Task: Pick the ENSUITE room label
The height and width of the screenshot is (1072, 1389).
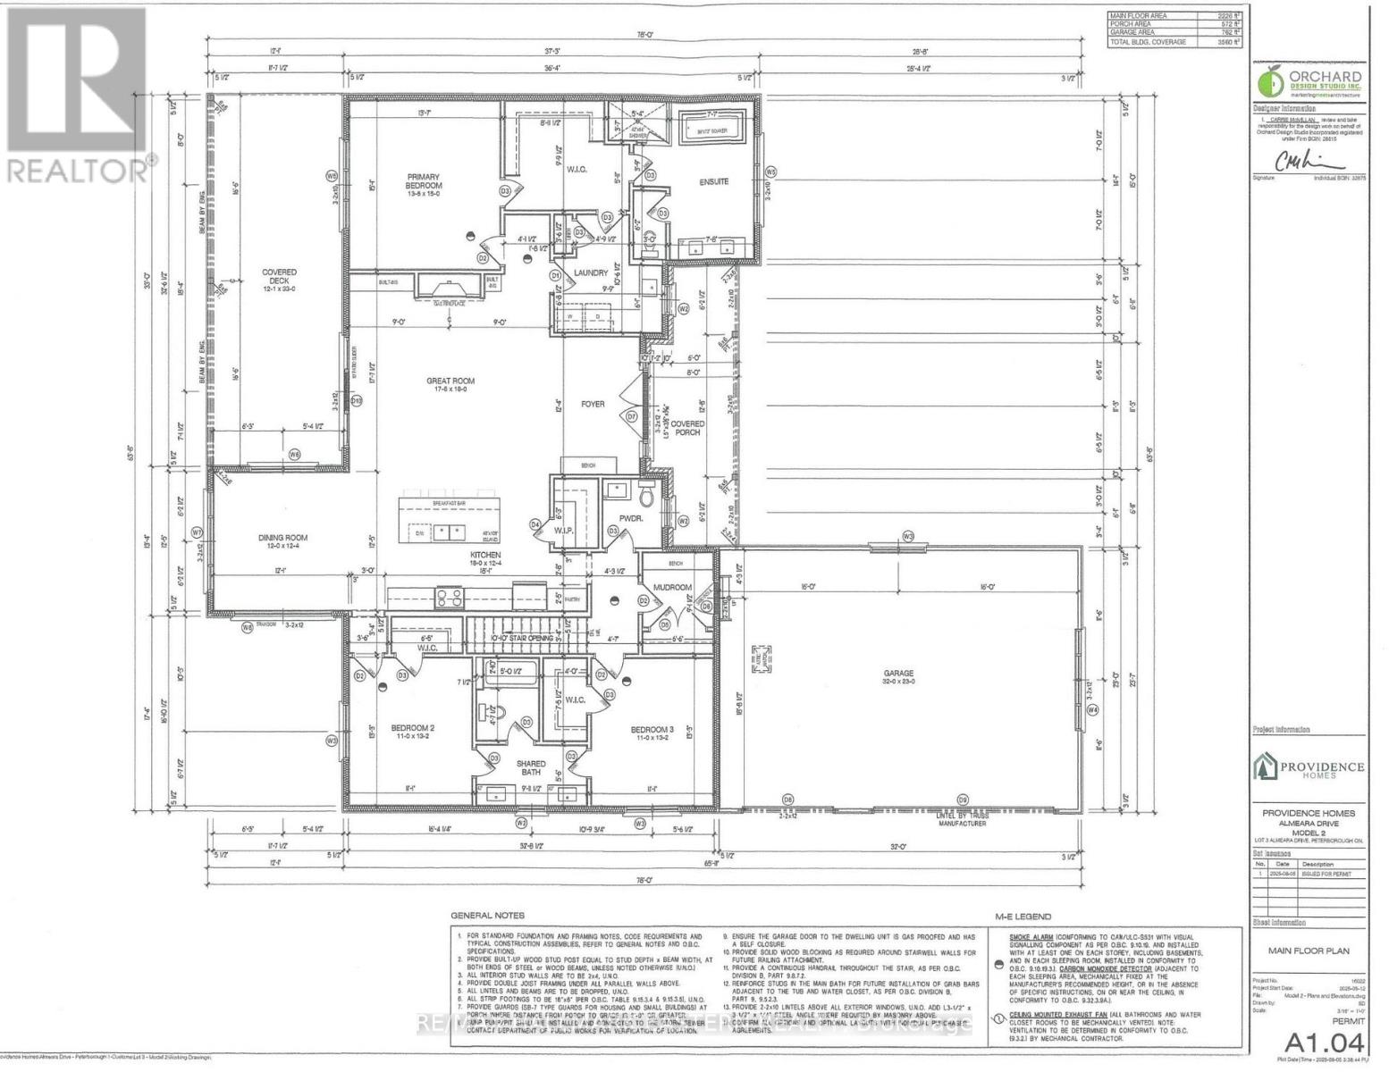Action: click(x=713, y=181)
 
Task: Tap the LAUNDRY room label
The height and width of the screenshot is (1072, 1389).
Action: click(x=591, y=272)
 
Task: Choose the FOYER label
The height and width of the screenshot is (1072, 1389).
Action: click(x=593, y=404)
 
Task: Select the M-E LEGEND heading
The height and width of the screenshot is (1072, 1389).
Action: click(x=1023, y=916)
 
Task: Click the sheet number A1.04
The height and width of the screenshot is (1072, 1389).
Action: click(x=1326, y=1042)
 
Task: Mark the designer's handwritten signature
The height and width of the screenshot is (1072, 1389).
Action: click(x=1309, y=161)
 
